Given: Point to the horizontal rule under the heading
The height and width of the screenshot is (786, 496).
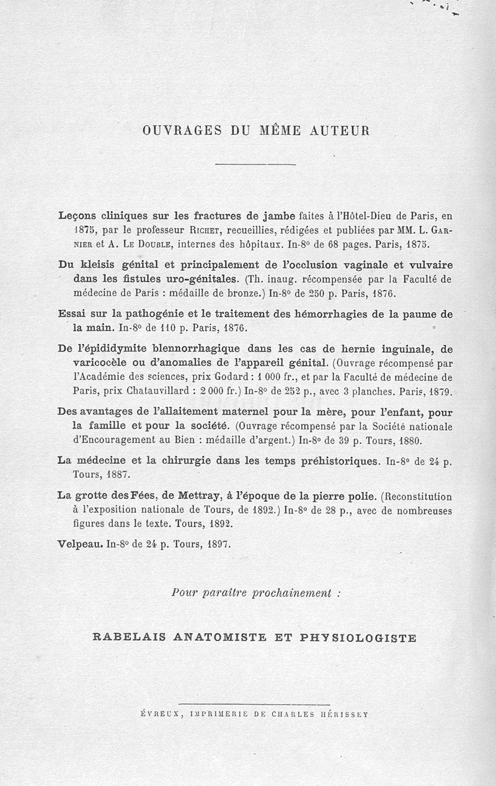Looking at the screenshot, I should coord(255,164).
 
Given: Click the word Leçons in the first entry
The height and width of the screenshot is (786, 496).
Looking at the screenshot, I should coord(76,216).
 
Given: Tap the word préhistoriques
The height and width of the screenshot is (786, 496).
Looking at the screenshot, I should coord(338,461).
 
